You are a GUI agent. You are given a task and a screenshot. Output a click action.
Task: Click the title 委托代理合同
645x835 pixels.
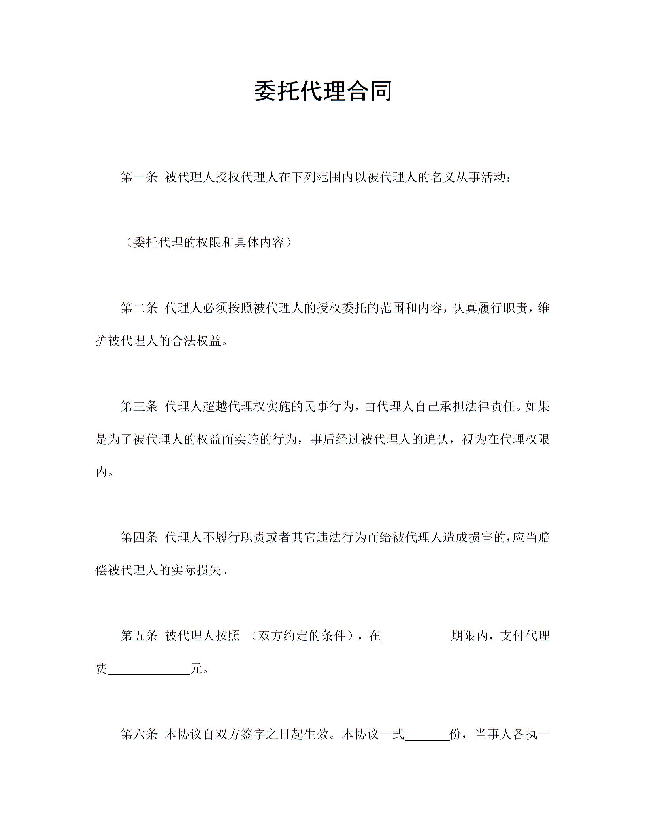tap(322, 91)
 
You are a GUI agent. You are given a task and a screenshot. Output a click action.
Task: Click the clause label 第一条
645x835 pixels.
tap(139, 178)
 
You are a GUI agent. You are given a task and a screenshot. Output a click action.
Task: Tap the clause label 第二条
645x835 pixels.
tap(139, 308)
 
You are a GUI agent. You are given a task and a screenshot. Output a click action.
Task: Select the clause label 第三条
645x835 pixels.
tap(139, 406)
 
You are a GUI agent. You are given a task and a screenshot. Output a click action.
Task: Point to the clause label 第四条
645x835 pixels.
tap(139, 537)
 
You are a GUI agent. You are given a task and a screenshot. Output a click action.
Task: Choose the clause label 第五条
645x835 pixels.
tap(139, 635)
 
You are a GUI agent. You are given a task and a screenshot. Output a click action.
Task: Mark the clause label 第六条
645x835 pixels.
tap(139, 734)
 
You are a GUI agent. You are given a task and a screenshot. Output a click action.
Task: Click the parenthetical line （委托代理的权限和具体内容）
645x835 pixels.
tap(208, 242)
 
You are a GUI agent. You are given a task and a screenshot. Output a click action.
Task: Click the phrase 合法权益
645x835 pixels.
tap(196, 341)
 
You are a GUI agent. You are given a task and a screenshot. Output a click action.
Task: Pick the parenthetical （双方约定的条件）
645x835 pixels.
tap(302, 635)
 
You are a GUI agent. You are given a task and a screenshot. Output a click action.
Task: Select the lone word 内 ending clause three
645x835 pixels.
tap(101, 472)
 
